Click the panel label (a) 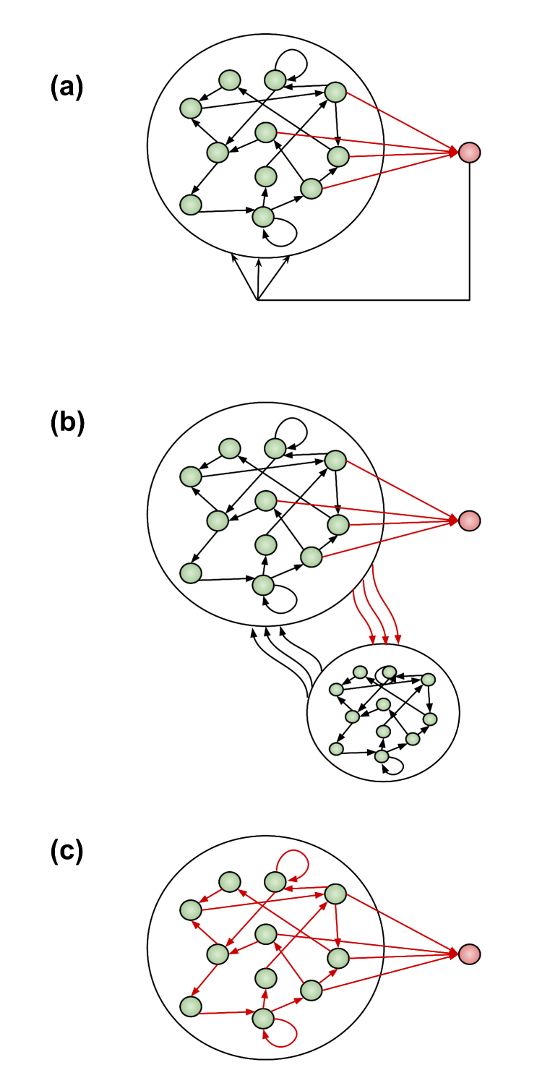(x=67, y=88)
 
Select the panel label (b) (x=67, y=424)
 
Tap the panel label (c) (x=67, y=852)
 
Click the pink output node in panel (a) (x=469, y=153)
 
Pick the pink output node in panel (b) (x=469, y=521)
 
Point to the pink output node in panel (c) (x=469, y=954)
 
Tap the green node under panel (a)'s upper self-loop (x=275, y=80)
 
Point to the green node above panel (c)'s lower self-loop (x=263, y=1018)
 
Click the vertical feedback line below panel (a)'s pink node (x=470, y=231)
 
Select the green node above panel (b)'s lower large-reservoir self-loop (x=263, y=585)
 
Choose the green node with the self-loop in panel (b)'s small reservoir (x=382, y=756)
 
